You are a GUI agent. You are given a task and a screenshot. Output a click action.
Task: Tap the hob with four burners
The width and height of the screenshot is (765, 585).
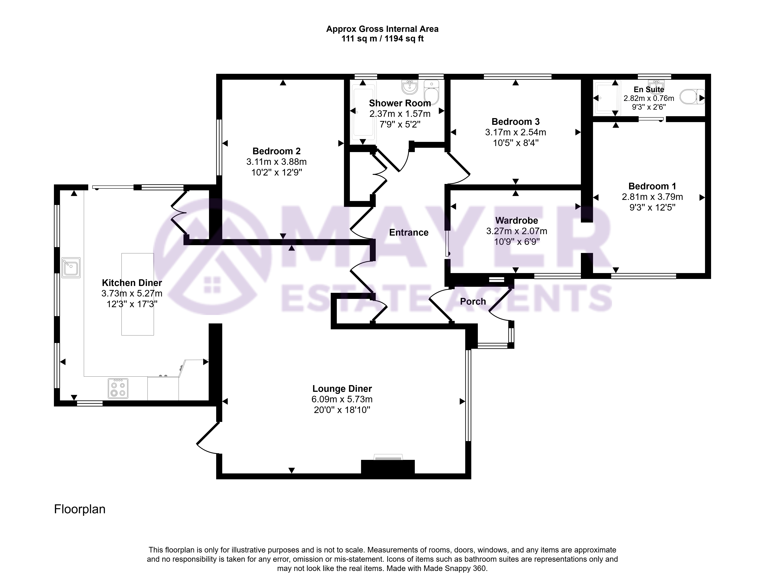click(118, 388)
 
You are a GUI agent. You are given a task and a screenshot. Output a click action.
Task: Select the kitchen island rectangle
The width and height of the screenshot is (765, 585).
click(138, 294)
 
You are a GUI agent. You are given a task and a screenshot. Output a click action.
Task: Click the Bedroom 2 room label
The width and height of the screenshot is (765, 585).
click(276, 151)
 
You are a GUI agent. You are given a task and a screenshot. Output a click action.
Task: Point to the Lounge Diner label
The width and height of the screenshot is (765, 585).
click(342, 389)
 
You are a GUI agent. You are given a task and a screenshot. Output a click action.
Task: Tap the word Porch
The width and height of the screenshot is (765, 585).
click(473, 302)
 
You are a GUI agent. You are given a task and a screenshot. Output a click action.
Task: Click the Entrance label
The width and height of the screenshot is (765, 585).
click(409, 233)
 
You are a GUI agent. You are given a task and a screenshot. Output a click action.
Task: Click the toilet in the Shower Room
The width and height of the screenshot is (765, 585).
click(431, 92)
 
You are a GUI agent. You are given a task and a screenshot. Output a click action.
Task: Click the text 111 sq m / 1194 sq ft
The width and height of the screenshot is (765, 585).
click(382, 39)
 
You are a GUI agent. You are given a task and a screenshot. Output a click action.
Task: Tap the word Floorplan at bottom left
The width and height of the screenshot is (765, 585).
click(80, 509)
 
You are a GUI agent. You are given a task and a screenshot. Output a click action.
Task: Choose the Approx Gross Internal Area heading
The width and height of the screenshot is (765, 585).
click(382, 29)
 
